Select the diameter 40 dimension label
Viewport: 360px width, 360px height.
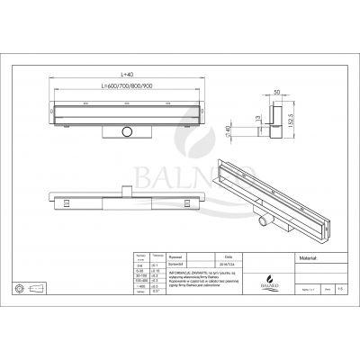[x=255, y=131]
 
